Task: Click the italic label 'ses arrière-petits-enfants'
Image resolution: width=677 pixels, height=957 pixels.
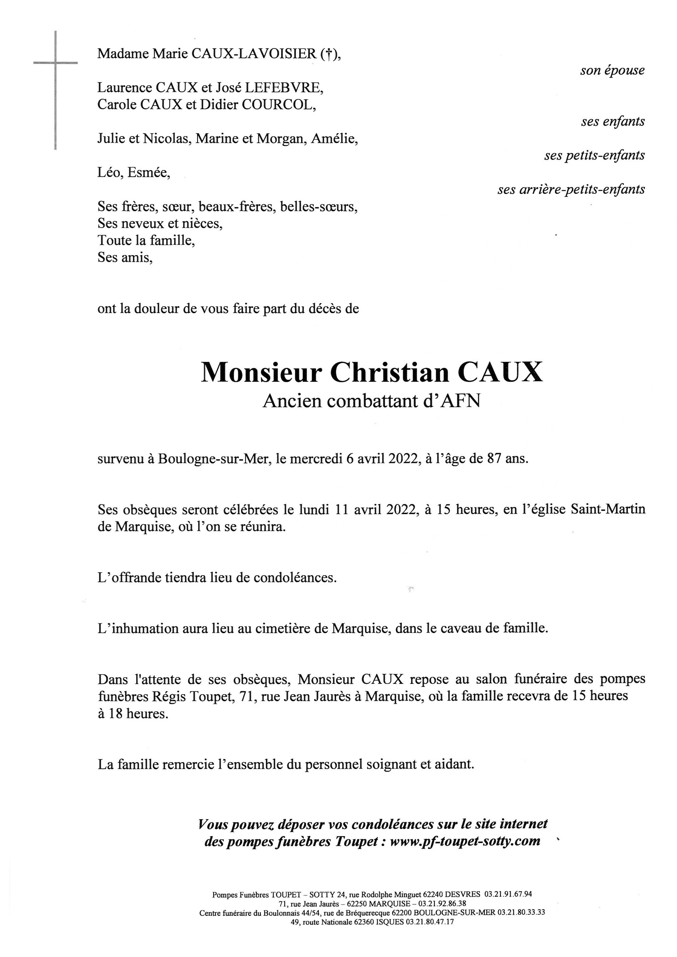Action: (x=571, y=190)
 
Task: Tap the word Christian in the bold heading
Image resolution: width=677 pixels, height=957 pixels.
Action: (x=390, y=372)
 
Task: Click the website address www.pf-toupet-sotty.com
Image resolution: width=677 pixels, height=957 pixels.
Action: (x=465, y=841)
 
